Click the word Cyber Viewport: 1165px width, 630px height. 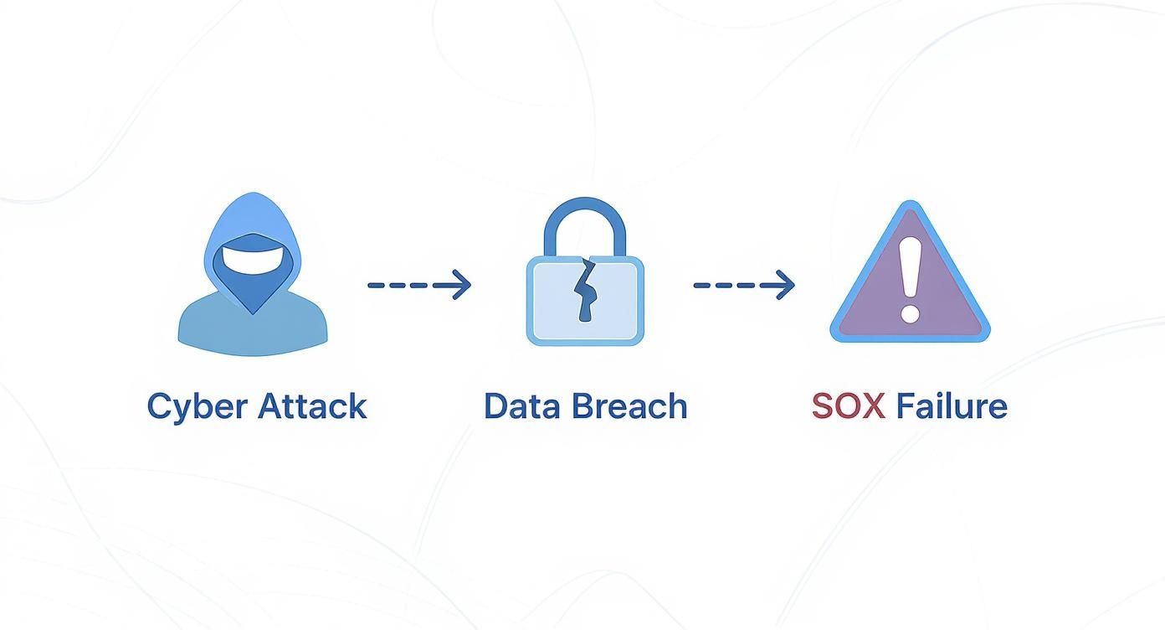[198, 407]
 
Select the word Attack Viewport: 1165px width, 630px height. [312, 406]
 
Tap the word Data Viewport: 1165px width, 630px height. [521, 406]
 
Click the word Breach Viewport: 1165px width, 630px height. [630, 406]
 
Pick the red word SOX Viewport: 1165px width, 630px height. [848, 406]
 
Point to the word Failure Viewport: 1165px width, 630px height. [952, 406]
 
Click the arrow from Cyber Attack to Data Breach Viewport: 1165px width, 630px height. [418, 286]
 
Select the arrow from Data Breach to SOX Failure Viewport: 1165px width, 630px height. [743, 286]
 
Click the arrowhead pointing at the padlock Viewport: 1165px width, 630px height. [461, 286]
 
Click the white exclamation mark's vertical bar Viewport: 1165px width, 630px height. [910, 268]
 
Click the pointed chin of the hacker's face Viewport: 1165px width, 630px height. [253, 310]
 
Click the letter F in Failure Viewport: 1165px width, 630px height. [906, 406]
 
